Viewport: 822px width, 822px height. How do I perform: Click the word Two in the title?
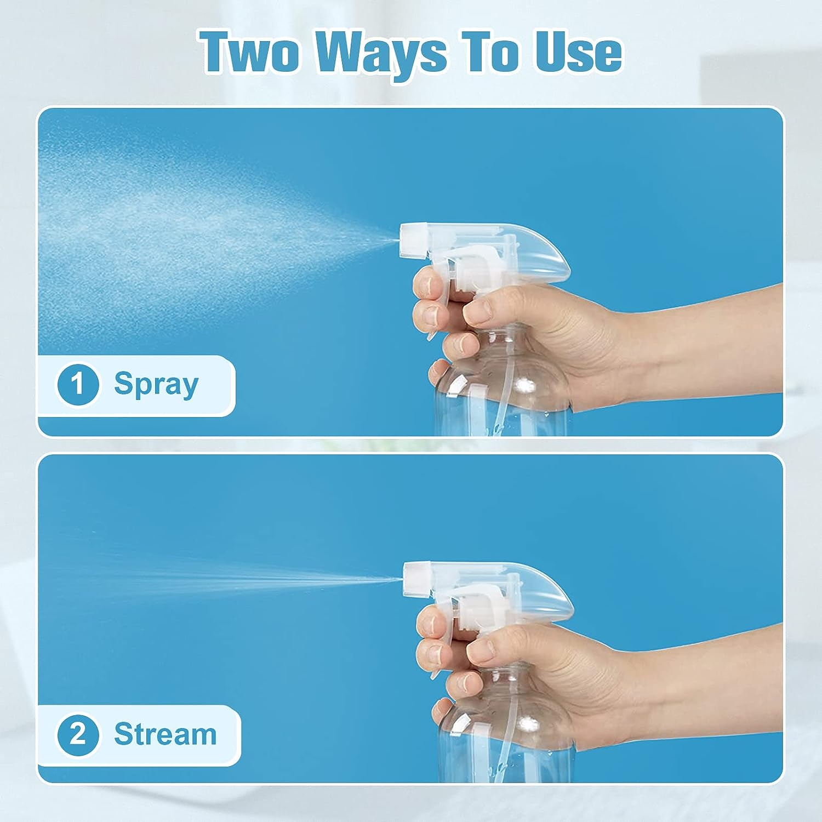pyautogui.click(x=253, y=53)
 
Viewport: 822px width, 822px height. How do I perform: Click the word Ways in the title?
pyautogui.click(x=381, y=54)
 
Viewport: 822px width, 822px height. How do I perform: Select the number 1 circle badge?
pyautogui.click(x=78, y=384)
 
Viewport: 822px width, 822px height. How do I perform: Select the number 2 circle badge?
pyautogui.click(x=78, y=734)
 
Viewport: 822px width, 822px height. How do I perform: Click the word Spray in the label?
pyautogui.click(x=156, y=385)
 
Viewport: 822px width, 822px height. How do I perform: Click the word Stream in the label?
pyautogui.click(x=165, y=734)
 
